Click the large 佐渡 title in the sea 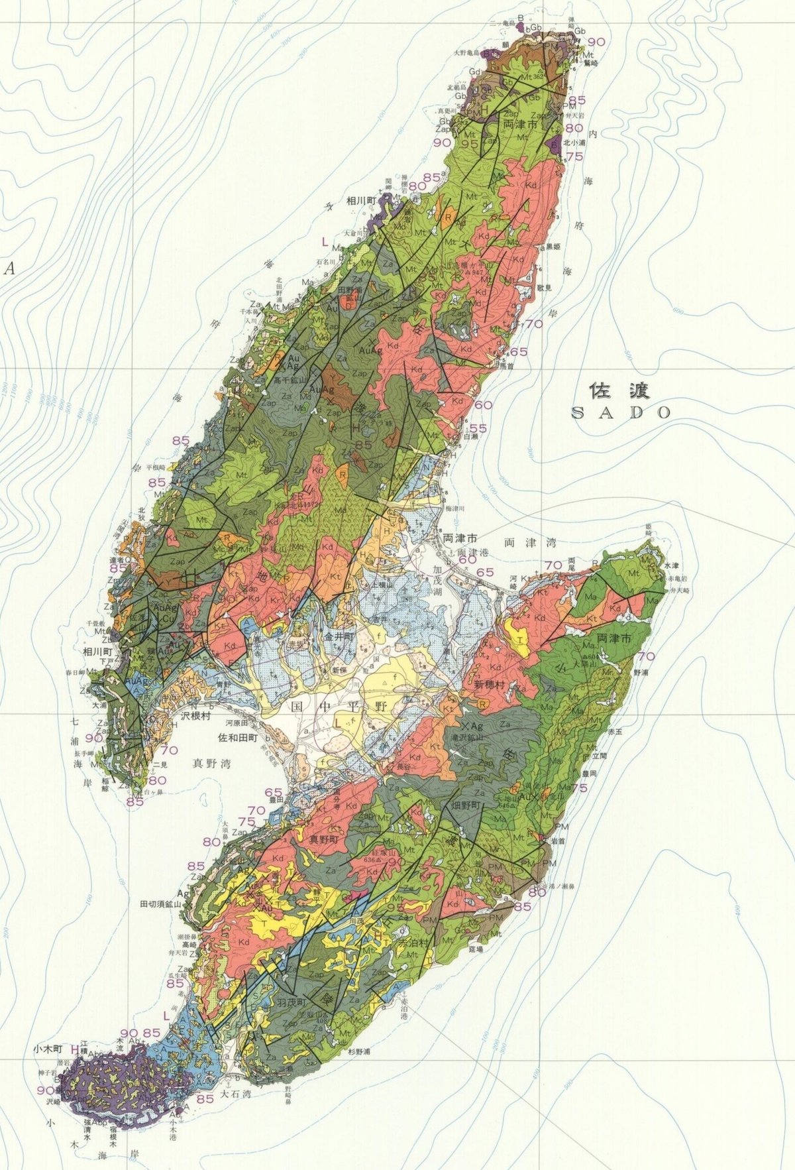[x=619, y=389]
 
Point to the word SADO [x=621, y=412]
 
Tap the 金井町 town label [x=340, y=635]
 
